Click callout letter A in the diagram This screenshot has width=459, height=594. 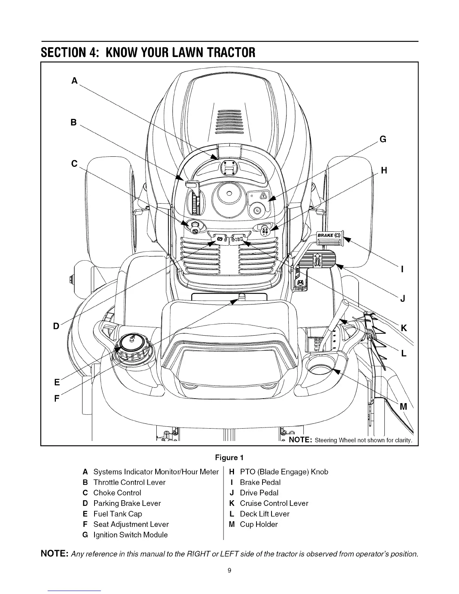(75, 81)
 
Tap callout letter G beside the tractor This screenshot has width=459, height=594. (383, 139)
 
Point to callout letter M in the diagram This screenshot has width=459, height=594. (403, 406)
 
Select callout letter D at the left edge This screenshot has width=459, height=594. (56, 326)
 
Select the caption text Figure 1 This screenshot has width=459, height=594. (229, 457)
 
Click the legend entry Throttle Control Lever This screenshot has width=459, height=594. (129, 482)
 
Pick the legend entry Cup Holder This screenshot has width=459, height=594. (258, 524)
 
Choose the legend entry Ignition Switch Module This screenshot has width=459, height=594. (130, 535)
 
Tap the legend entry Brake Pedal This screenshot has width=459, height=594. (260, 482)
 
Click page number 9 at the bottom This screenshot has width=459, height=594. (229, 570)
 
